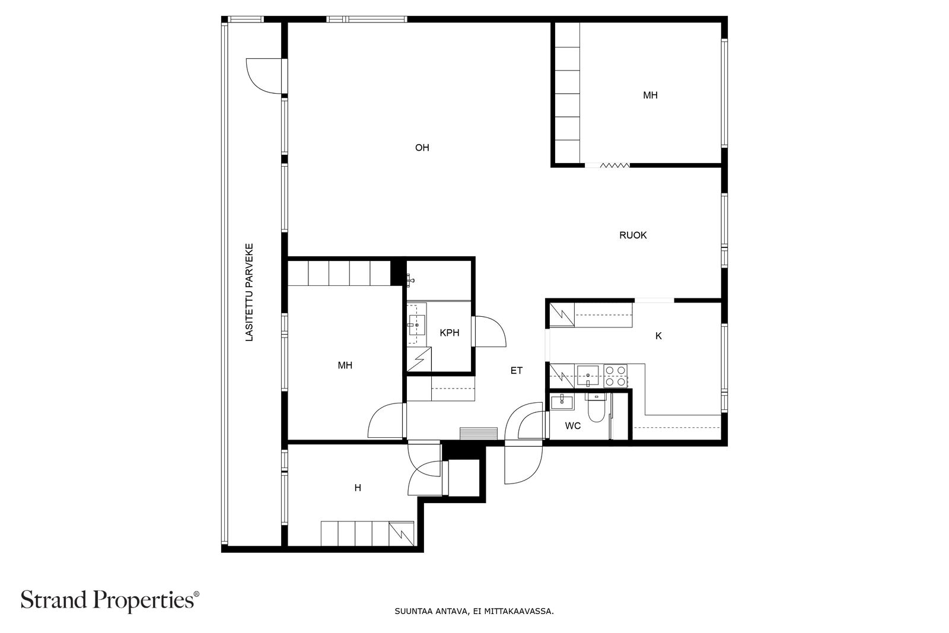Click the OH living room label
pyautogui.click(x=422, y=148)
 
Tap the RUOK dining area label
pyautogui.click(x=633, y=235)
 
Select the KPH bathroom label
pyautogui.click(x=450, y=333)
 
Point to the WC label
pyautogui.click(x=573, y=426)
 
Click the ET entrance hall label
pyautogui.click(x=517, y=371)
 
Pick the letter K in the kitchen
pyautogui.click(x=658, y=336)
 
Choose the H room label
pyautogui.click(x=358, y=488)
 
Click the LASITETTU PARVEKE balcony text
pyautogui.click(x=249, y=292)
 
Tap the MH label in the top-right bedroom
pyautogui.click(x=650, y=96)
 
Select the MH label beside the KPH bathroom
pyautogui.click(x=345, y=365)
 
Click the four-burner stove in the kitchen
pyautogui.click(x=616, y=376)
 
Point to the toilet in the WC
pyautogui.click(x=596, y=408)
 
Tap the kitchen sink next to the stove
pyautogui.click(x=588, y=376)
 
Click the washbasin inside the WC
pyautogui.click(x=562, y=402)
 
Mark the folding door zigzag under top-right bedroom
pyautogui.click(x=614, y=166)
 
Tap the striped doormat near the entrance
pyautogui.click(x=479, y=434)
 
